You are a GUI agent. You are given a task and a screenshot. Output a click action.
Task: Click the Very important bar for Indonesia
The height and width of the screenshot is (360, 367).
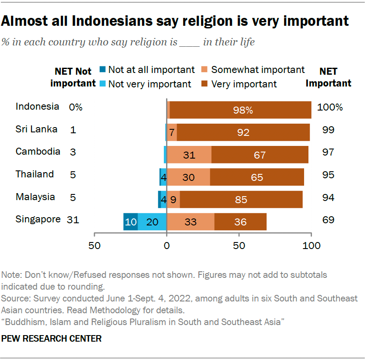pyautogui.click(x=240, y=110)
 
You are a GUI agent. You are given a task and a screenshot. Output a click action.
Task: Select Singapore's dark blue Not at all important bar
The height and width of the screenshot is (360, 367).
pyautogui.click(x=131, y=222)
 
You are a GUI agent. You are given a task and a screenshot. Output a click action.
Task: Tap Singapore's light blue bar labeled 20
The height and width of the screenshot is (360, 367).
pyautogui.click(x=152, y=222)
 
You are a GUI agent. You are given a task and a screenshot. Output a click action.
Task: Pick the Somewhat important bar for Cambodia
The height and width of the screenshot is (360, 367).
pyautogui.click(x=189, y=155)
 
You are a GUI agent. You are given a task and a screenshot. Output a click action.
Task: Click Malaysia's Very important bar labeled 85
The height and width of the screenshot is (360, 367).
pyautogui.click(x=241, y=200)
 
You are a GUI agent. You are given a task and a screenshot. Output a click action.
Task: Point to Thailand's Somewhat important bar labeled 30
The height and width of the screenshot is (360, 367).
pyautogui.click(x=188, y=177)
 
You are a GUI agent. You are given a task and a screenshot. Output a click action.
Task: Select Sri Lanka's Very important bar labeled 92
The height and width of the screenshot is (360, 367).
pyautogui.click(x=243, y=132)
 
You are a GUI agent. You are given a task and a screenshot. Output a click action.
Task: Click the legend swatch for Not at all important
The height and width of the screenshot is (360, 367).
pyautogui.click(x=103, y=69)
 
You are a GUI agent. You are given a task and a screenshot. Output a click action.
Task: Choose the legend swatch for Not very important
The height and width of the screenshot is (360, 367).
pyautogui.click(x=103, y=84)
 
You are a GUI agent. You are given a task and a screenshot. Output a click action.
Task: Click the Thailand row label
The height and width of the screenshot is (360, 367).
pyautogui.click(x=35, y=174)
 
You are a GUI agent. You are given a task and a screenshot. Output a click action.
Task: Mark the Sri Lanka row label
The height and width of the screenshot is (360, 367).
pyautogui.click(x=37, y=129)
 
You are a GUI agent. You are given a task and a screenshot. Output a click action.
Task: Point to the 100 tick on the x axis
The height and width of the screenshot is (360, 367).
pyautogui.click(x=311, y=246)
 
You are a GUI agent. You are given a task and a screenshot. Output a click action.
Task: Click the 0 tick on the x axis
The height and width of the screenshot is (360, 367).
pyautogui.click(x=166, y=246)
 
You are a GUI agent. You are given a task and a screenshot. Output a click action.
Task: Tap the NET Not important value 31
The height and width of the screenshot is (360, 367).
pyautogui.click(x=73, y=220)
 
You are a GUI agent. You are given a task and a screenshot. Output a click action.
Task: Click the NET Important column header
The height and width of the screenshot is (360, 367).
pyautogui.click(x=329, y=77)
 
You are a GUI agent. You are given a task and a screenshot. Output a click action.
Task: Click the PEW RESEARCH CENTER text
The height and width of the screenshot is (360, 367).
pyautogui.click(x=52, y=339)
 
